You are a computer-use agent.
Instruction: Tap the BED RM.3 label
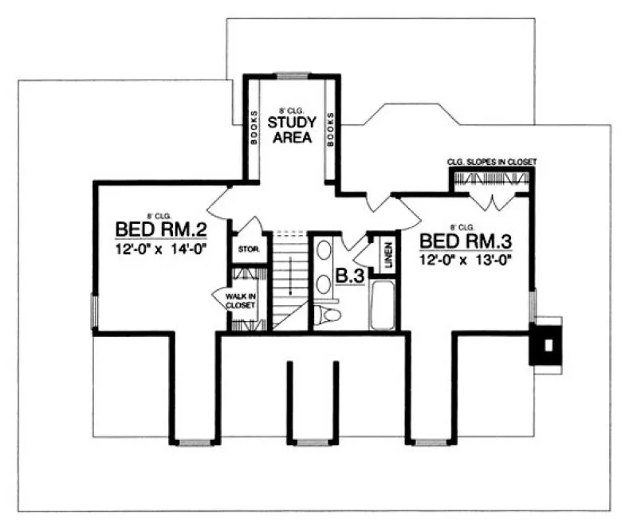coord(465,241)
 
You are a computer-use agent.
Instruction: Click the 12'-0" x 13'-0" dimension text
coord(465,259)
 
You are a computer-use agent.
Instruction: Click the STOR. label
coord(245,250)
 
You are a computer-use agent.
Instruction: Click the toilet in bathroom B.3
coord(328,315)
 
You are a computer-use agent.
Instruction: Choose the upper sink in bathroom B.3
coord(324,252)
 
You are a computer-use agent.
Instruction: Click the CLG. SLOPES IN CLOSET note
coord(491,162)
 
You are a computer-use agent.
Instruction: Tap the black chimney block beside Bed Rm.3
coord(547,344)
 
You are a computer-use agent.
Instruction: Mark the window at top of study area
coord(292,76)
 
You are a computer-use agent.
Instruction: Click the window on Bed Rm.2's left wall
coord(93,311)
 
